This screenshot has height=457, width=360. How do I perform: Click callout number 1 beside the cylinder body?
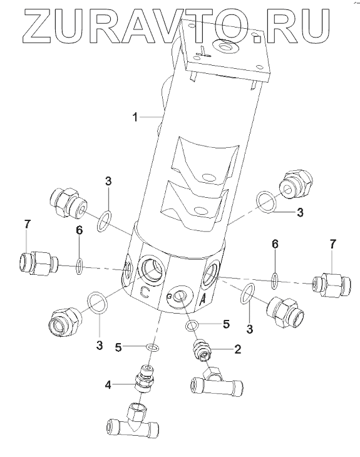pyautogui.click(x=135, y=117)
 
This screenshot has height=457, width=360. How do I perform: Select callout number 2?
pyautogui.click(x=237, y=349)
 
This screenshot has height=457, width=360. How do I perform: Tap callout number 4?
pyautogui.click(x=108, y=385)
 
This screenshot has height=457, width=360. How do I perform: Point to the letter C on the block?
pyautogui.click(x=145, y=292)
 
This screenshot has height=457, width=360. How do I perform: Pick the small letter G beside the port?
pyautogui.click(x=169, y=296)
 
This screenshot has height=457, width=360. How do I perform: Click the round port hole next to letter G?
pyautogui.click(x=179, y=296)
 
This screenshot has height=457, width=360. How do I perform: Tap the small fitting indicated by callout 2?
pyautogui.click(x=203, y=349)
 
